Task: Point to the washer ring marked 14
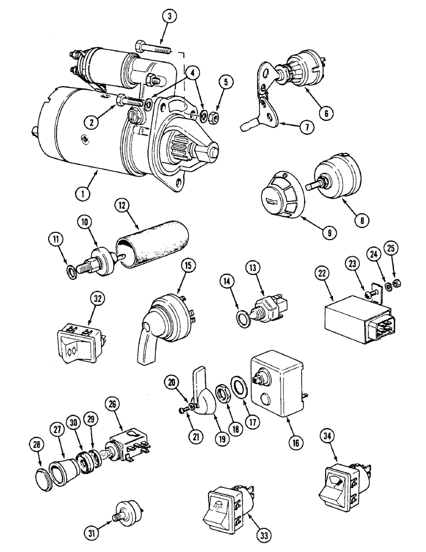pos(242,317)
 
